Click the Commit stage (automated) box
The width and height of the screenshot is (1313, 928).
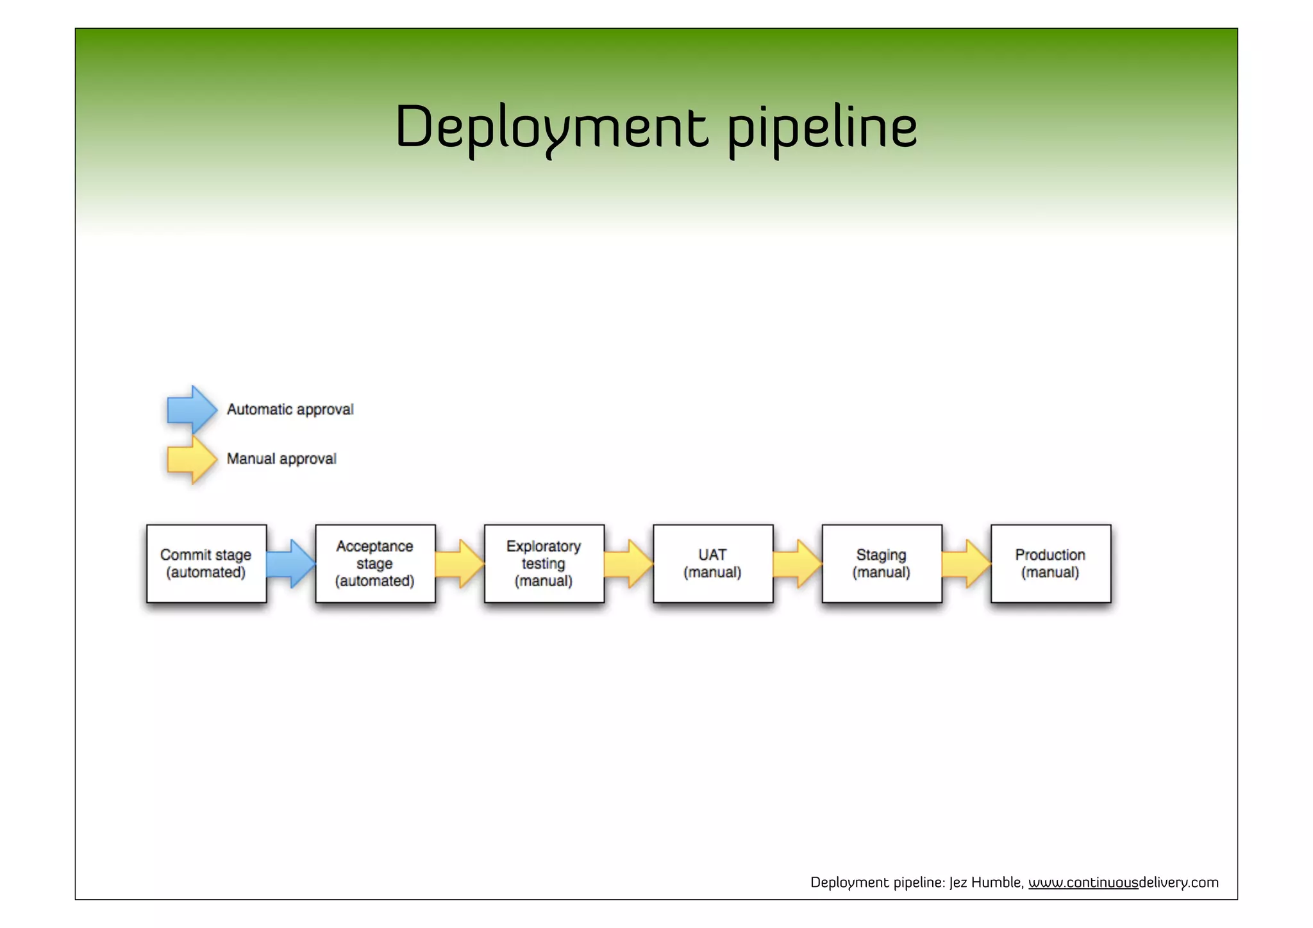tap(206, 564)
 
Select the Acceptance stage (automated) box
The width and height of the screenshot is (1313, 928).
tap(375, 564)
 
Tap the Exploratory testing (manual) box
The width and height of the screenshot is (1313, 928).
tap(544, 564)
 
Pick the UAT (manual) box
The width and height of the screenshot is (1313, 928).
tap(713, 564)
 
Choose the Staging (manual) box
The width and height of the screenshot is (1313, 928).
tap(882, 564)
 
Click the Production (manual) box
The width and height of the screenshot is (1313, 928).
tap(1050, 564)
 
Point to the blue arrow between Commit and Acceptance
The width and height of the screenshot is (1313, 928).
tap(290, 564)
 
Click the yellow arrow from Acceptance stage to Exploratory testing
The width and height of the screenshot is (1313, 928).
tap(460, 564)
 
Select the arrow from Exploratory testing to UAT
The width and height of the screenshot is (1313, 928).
tap(628, 564)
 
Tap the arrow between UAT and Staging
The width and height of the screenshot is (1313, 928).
tap(797, 564)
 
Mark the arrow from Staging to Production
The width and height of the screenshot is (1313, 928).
tap(966, 564)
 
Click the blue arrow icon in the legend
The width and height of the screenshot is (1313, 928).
tap(191, 409)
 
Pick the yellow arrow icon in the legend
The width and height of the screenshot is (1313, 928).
tap(191, 459)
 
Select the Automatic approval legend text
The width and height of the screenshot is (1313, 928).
tap(290, 409)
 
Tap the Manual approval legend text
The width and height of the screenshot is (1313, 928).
tap(281, 459)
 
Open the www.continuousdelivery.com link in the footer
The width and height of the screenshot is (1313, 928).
tap(1123, 882)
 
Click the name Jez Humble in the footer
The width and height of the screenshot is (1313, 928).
tap(985, 882)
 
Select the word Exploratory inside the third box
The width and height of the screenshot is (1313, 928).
tap(544, 546)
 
